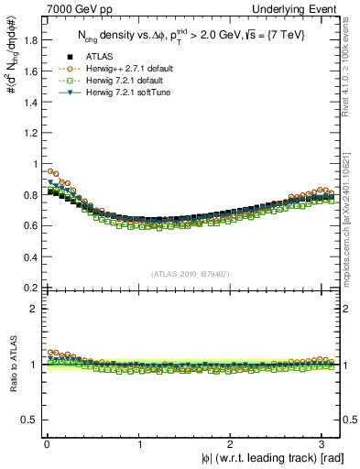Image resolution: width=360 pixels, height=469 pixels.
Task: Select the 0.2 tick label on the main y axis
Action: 27,288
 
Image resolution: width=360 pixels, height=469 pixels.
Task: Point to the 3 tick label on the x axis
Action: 323,444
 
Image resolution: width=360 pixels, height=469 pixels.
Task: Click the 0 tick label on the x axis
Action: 46,444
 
